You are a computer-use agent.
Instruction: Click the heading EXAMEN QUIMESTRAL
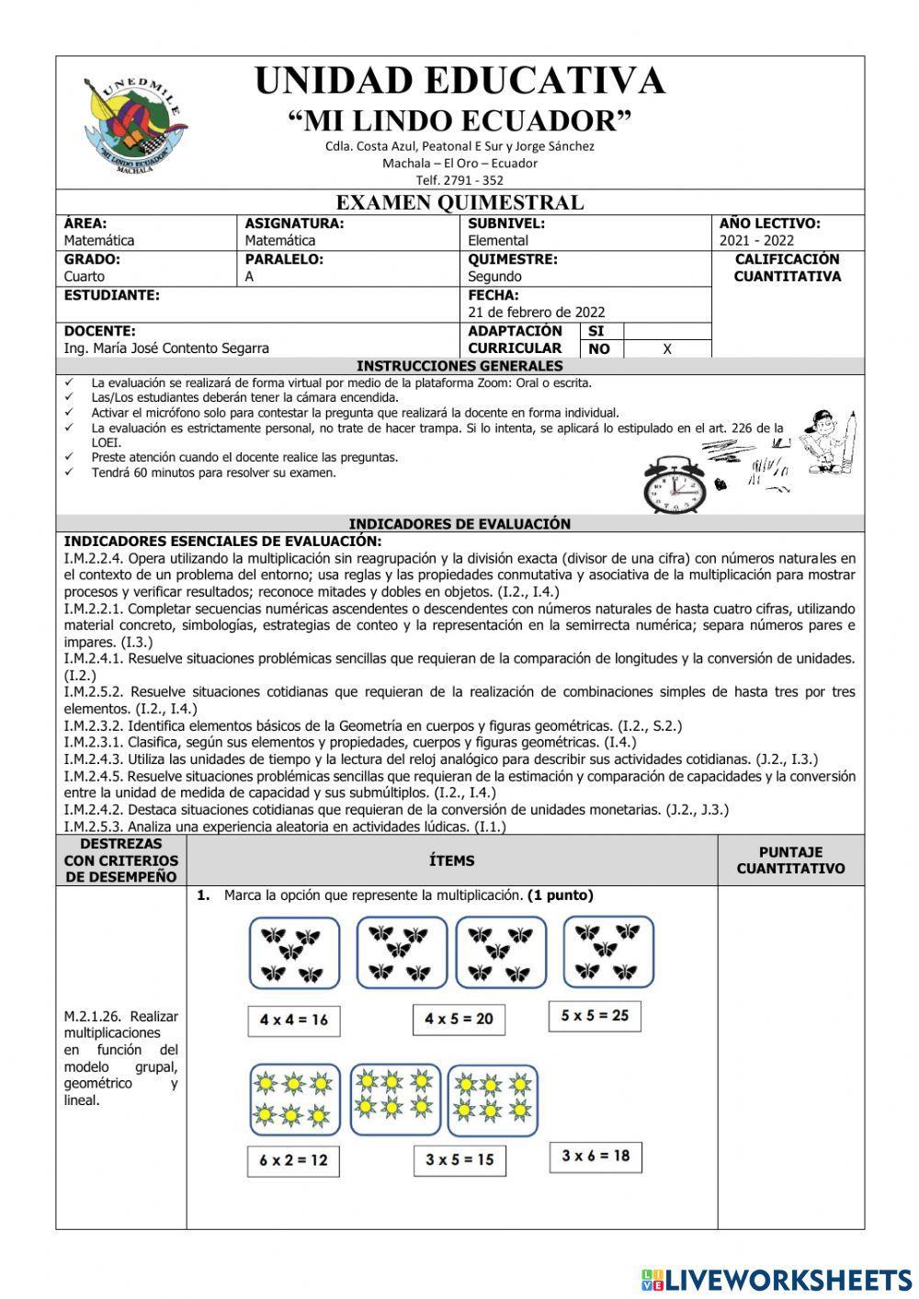click(x=459, y=202)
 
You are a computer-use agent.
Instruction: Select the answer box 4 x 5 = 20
click(x=459, y=1019)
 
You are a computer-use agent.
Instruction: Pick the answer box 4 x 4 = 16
click(x=293, y=1020)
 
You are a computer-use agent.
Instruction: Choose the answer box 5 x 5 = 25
click(x=595, y=1016)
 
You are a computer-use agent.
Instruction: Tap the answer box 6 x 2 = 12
click(x=293, y=1160)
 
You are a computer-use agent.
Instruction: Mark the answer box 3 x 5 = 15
click(x=459, y=1160)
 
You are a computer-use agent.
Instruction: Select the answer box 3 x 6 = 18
click(x=596, y=1157)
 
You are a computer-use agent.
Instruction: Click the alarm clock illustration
click(x=675, y=484)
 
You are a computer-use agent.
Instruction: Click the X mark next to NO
click(x=667, y=349)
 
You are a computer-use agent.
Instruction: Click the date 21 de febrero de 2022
click(x=537, y=313)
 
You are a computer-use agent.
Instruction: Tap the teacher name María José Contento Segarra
click(x=166, y=348)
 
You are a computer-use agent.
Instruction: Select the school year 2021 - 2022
click(x=756, y=241)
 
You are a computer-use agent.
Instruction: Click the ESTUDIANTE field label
click(x=112, y=295)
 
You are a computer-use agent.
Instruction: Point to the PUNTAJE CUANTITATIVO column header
click(x=790, y=860)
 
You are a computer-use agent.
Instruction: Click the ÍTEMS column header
click(x=452, y=860)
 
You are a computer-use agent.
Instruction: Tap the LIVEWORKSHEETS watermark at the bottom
click(x=777, y=1280)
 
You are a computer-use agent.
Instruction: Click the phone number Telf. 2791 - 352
click(x=459, y=180)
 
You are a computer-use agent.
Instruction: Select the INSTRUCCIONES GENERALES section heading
click(x=459, y=366)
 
